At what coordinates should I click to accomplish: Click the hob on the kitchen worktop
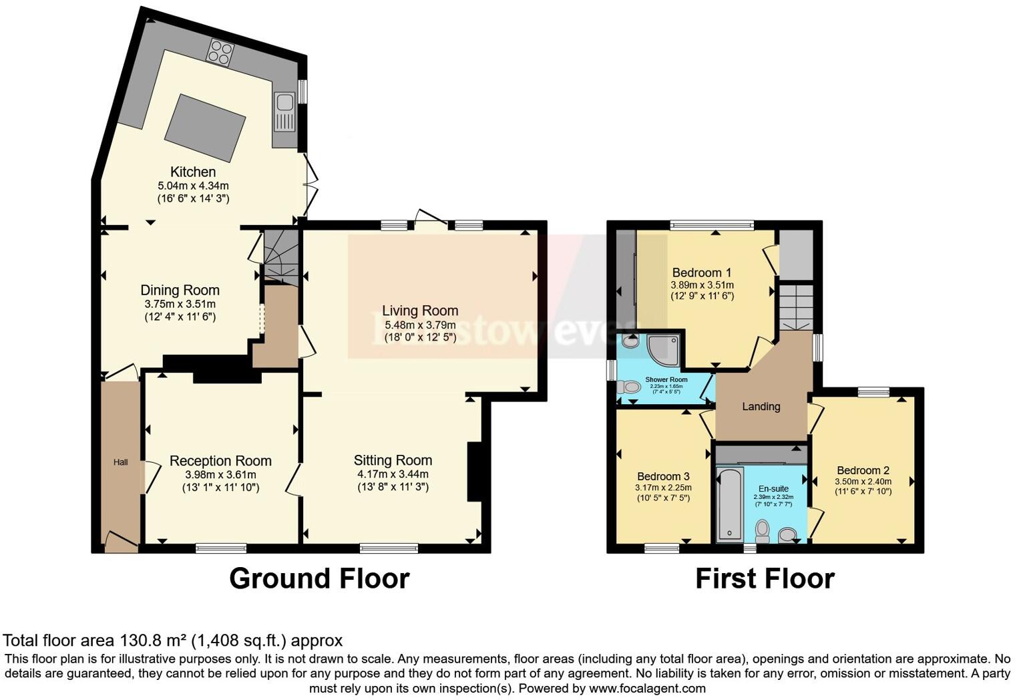pos(220,53)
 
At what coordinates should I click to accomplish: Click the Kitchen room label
pos(193,172)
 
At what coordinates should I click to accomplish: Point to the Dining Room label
pos(180,290)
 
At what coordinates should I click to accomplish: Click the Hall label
pos(120,462)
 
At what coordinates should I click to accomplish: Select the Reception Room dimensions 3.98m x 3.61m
pos(220,475)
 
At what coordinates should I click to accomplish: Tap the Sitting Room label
pos(393,460)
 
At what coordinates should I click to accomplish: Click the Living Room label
pos(420,311)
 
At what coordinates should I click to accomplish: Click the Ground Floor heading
pos(319,578)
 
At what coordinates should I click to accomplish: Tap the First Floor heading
pos(765,578)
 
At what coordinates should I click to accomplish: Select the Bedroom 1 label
pos(701,273)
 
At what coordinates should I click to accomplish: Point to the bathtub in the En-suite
pos(729,504)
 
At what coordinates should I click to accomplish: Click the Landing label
pos(761,406)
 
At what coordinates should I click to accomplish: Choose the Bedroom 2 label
pos(863,470)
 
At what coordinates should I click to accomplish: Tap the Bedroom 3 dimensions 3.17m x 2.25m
pos(662,488)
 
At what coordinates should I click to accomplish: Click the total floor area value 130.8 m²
pos(153,641)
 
